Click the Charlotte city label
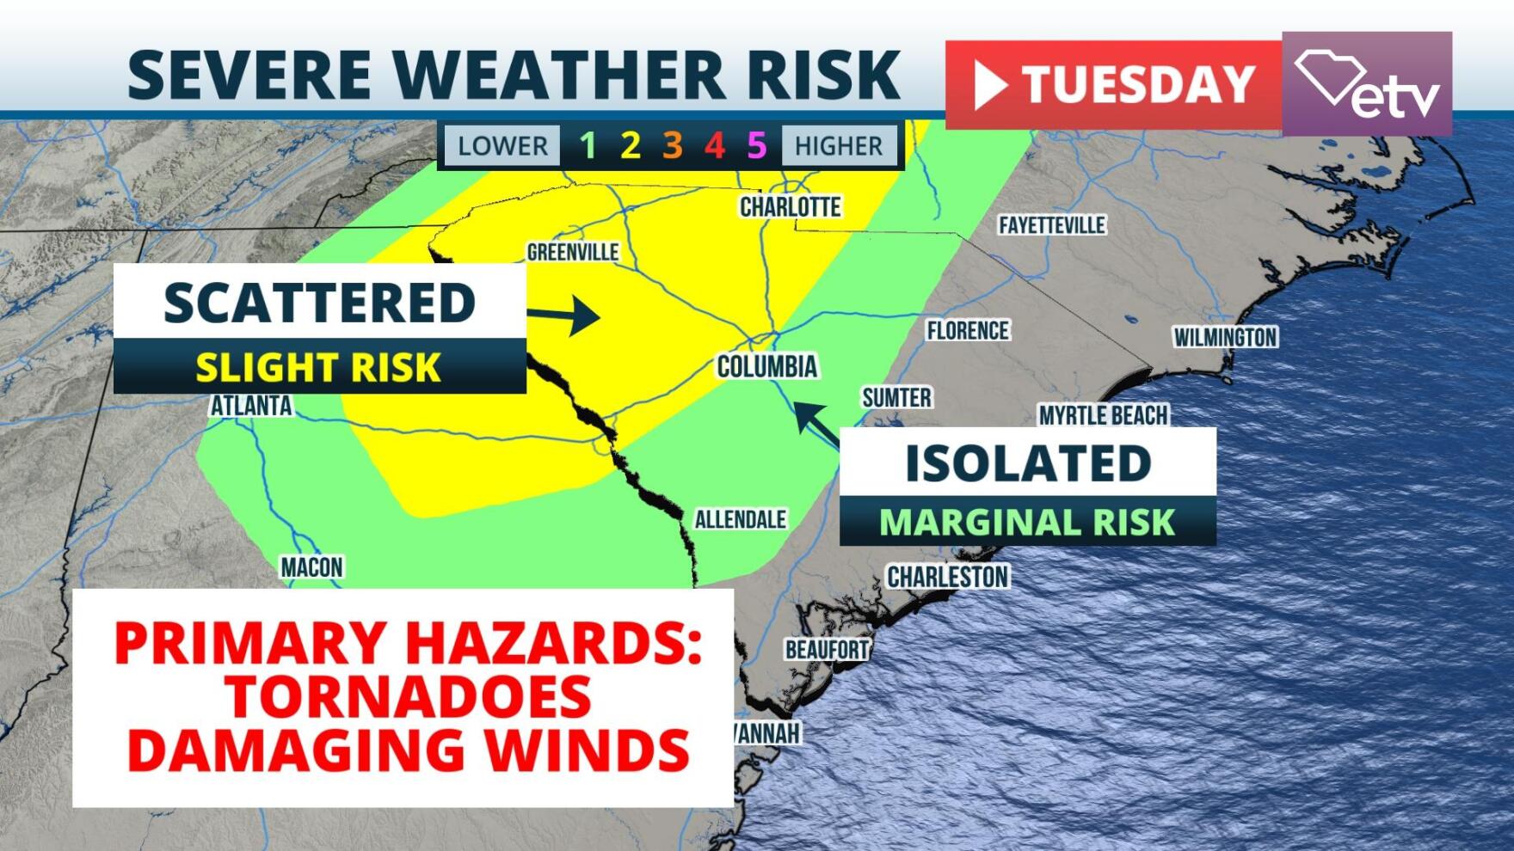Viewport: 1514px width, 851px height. coord(790,207)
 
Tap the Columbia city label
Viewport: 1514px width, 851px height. coord(766,367)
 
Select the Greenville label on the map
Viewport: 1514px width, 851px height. coord(573,252)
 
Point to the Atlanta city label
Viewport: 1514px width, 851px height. coord(251,406)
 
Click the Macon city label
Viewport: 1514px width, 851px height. coord(311,567)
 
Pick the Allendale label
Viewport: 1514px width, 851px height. coord(740,519)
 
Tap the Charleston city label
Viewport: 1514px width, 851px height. coord(947,577)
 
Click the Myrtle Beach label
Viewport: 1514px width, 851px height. coord(1103,415)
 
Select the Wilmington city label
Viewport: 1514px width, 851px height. coord(1225,337)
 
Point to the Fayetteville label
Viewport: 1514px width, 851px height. coord(1051,225)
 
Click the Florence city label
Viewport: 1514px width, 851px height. coord(967,330)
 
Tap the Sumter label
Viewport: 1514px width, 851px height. coord(896,397)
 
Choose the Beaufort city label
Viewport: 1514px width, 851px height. coord(827,649)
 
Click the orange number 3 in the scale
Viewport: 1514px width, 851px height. coord(672,145)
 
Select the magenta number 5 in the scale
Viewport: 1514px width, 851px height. coord(756,145)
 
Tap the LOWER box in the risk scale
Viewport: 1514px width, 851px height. coord(502,145)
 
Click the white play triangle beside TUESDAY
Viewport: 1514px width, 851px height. coord(989,85)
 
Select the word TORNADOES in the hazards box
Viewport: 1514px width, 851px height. coord(408,696)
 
